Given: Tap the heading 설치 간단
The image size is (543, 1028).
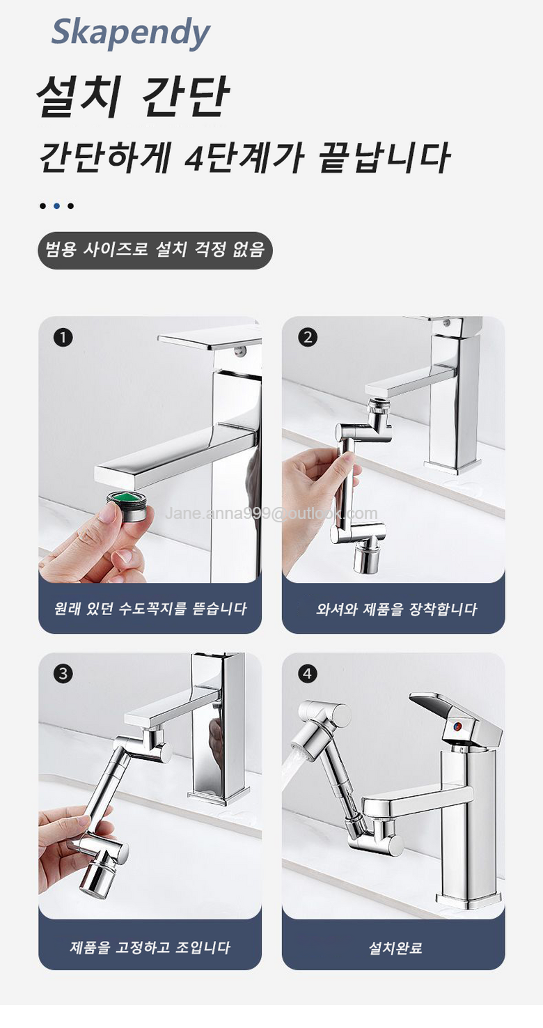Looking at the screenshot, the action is (x=132, y=96).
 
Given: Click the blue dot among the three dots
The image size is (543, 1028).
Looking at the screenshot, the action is (x=56, y=206).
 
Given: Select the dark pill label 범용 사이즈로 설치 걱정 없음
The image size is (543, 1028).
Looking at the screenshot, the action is (x=155, y=250).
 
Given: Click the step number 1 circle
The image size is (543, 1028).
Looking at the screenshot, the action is (x=63, y=338).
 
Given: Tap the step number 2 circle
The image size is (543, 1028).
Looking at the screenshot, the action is (x=307, y=337).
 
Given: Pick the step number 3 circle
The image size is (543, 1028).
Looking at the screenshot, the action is (x=63, y=673).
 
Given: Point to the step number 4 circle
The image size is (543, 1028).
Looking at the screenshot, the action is (x=307, y=673).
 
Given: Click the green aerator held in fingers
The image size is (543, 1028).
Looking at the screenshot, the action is (x=127, y=505).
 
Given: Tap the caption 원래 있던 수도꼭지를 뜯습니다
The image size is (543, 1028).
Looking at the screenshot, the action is (x=150, y=609).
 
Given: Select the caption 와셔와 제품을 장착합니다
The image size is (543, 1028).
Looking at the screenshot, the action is (x=396, y=609).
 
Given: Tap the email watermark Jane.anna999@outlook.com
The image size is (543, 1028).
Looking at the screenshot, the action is (x=271, y=513).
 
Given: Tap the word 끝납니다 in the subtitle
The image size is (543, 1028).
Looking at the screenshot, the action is (x=384, y=157).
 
